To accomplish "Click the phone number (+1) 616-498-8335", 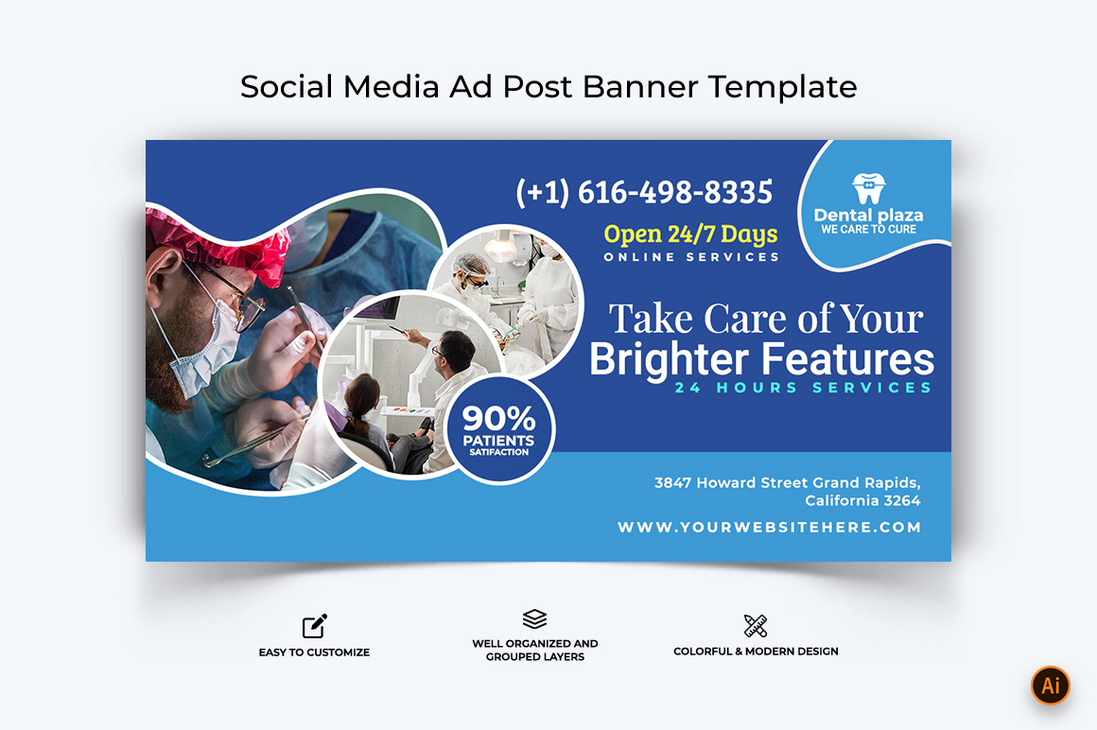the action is (644, 192).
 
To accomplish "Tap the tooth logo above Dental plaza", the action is (869, 187).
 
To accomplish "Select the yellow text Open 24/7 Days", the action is (690, 235).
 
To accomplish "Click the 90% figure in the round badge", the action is (498, 418).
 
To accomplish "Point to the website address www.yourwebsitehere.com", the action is (769, 528).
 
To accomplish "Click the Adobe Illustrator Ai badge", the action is (1050, 686).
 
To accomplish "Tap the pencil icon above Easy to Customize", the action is (315, 626).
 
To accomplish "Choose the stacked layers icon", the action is (534, 618).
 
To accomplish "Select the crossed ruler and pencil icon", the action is (756, 626).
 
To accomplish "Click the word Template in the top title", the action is (782, 87).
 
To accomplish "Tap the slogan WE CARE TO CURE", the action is (868, 230).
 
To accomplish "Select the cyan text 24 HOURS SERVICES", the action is (803, 388).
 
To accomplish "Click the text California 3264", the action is (862, 500).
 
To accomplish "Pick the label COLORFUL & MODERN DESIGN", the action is (756, 651).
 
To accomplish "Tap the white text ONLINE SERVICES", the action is (691, 257).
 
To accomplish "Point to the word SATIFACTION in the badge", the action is (498, 452).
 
